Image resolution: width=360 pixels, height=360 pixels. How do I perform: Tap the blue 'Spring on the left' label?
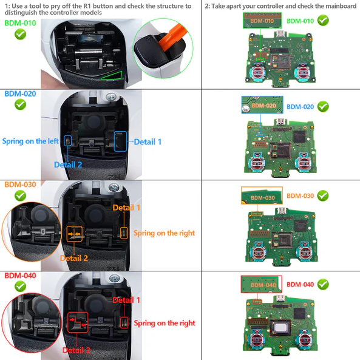(30, 141)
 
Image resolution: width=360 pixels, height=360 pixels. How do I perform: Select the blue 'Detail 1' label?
(148, 141)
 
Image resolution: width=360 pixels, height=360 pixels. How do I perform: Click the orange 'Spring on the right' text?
(165, 233)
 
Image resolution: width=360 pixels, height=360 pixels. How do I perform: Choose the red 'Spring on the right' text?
(165, 323)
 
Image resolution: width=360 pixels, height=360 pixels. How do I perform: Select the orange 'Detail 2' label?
(73, 258)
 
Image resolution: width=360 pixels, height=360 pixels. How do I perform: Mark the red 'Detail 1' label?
(126, 300)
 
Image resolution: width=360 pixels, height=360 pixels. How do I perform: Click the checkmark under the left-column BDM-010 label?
(20, 34)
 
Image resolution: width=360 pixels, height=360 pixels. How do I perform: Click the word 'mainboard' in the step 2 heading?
(339, 6)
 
